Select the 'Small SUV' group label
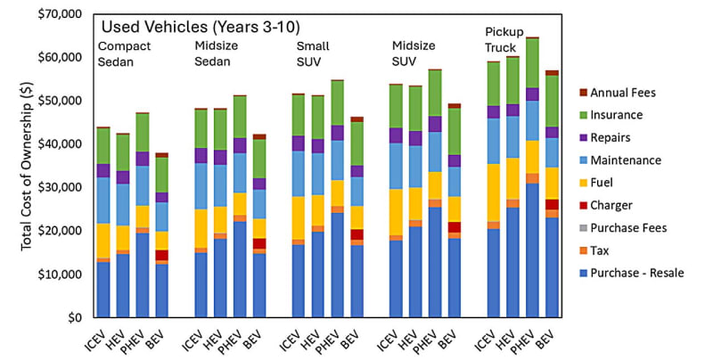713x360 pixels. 313,53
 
